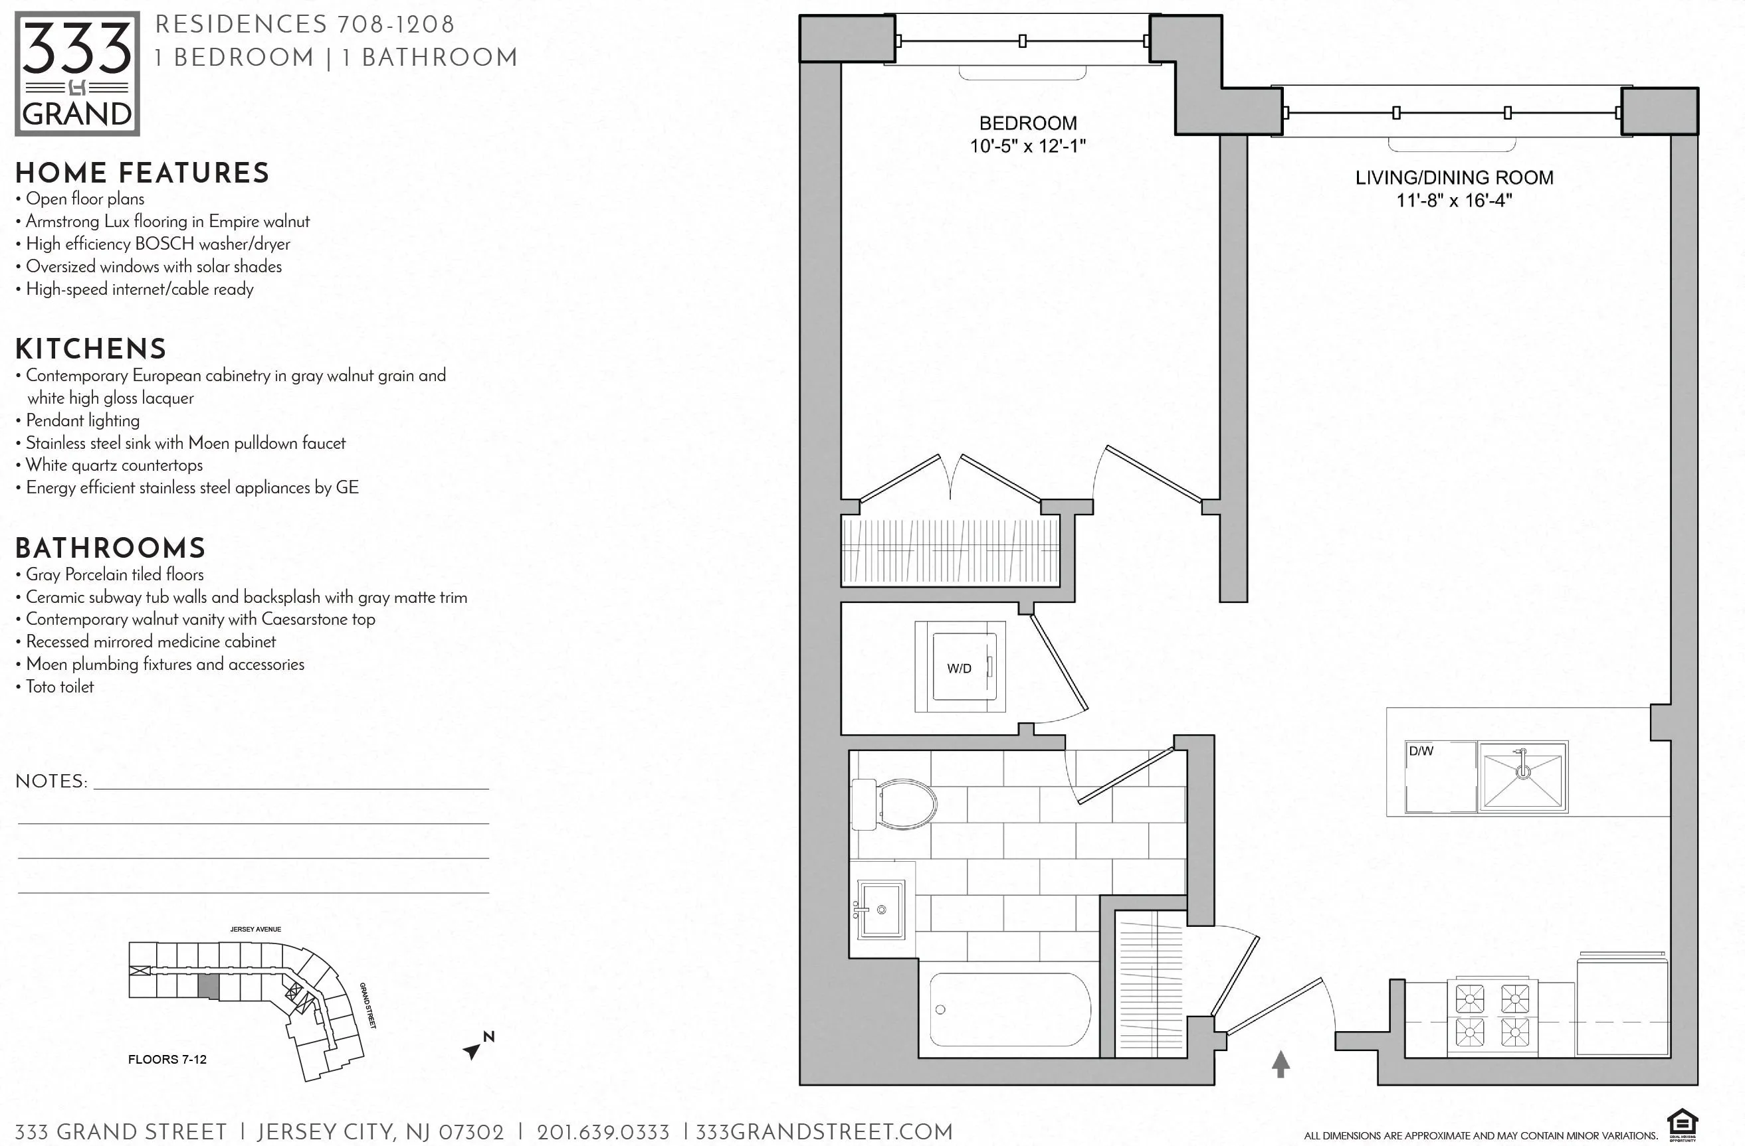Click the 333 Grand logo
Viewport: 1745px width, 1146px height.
pos(77,73)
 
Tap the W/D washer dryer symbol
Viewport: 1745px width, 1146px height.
pos(960,667)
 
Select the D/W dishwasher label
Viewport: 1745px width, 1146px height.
pos(1420,751)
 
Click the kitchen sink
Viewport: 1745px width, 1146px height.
pos(1523,777)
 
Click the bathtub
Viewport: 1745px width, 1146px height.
pos(1009,1009)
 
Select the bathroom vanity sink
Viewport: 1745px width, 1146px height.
pos(880,910)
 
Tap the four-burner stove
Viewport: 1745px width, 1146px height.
pos(1492,1016)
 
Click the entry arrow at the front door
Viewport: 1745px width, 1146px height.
pos(1280,1064)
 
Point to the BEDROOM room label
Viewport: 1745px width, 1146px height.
pos(1028,123)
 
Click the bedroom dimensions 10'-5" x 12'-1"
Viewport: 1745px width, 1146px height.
pos(1028,146)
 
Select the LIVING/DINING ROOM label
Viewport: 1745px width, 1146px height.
pos(1454,177)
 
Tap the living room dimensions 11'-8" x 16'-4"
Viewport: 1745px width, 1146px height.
pos(1454,200)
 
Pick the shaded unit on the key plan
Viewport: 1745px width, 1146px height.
pos(209,986)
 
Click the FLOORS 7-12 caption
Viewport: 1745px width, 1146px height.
pos(167,1059)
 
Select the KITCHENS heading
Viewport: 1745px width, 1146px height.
pos(91,349)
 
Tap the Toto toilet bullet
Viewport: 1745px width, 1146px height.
pos(58,687)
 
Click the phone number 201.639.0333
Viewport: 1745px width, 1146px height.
pos(603,1132)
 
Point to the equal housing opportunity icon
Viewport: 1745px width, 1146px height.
pos(1682,1125)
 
